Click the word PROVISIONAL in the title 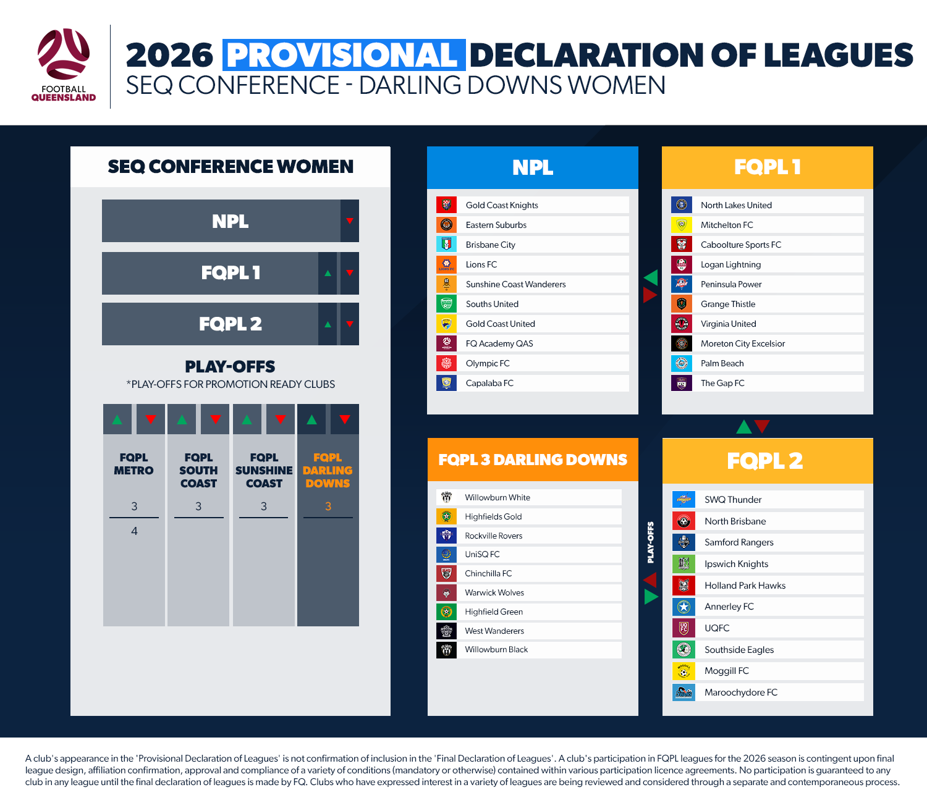(x=344, y=55)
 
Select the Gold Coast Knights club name (x=502, y=205)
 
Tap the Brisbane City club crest (x=446, y=245)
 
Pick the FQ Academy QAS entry (x=499, y=343)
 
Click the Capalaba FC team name (x=489, y=383)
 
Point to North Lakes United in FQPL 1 (x=736, y=205)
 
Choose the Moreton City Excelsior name (x=743, y=343)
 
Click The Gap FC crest (x=682, y=383)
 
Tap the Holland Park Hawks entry (x=745, y=586)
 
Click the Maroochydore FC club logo (x=684, y=692)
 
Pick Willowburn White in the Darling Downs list (x=497, y=497)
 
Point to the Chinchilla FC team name (x=488, y=573)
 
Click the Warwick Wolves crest (x=446, y=593)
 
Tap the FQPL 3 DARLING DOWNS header (x=533, y=460)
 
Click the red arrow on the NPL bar (x=350, y=221)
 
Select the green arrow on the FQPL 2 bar (x=328, y=324)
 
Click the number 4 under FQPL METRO (x=134, y=531)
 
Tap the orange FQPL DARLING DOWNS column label (x=328, y=471)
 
